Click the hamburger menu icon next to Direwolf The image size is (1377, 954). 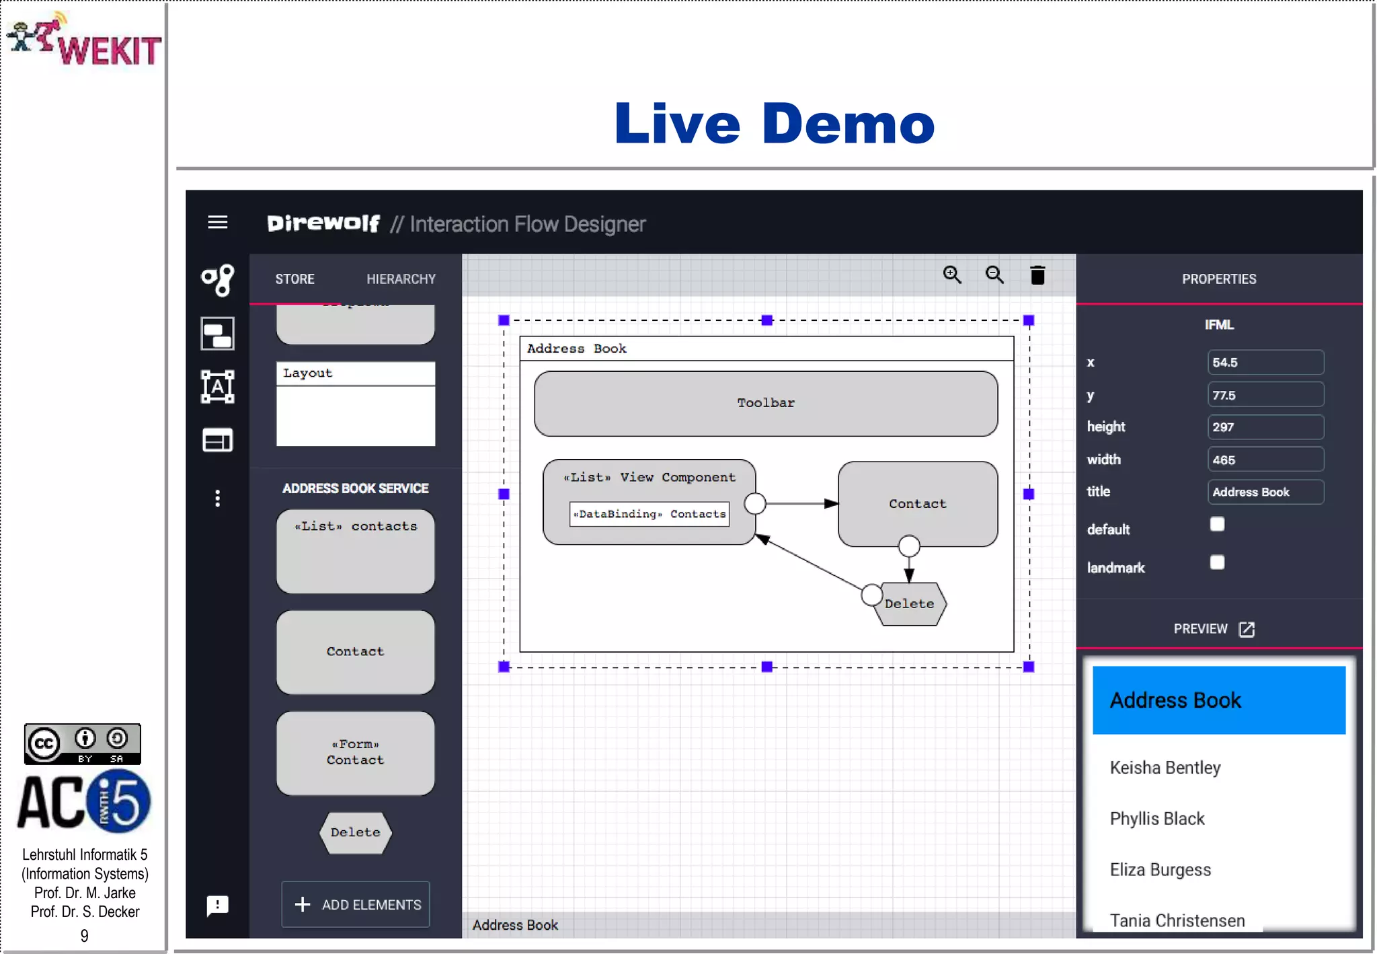tap(217, 222)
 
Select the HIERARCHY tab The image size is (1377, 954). tap(401, 279)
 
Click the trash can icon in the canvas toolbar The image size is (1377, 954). tap(1037, 275)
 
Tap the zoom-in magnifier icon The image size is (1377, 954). tap(951, 274)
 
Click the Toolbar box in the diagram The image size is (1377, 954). tap(765, 403)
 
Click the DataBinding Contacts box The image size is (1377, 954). tap(650, 514)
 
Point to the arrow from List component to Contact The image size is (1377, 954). tap(800, 503)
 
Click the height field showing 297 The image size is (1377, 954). tap(1265, 427)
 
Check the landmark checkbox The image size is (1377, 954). tap(1217, 562)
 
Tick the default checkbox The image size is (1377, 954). tap(1217, 524)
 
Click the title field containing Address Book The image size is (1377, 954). tap(1265, 492)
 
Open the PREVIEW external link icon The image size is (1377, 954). tap(1247, 629)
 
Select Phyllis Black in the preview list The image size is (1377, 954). tap(1156, 819)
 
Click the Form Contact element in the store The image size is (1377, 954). tap(355, 753)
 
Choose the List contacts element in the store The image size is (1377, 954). tap(355, 551)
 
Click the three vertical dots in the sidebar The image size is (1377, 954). tap(217, 499)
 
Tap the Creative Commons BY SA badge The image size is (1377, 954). tap(83, 743)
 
